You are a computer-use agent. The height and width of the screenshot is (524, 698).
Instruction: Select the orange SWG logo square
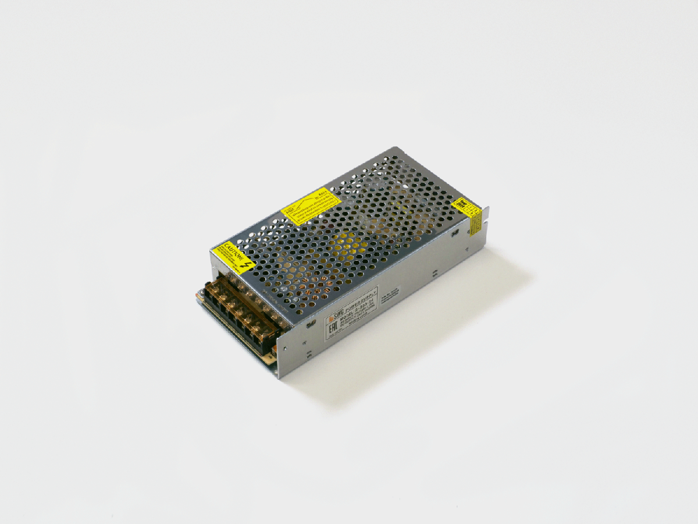331,319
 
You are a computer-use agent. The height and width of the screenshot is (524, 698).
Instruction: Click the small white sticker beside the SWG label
390,295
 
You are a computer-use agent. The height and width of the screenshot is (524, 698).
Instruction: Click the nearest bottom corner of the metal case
278,377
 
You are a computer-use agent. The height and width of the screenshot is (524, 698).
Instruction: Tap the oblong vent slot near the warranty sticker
455,232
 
